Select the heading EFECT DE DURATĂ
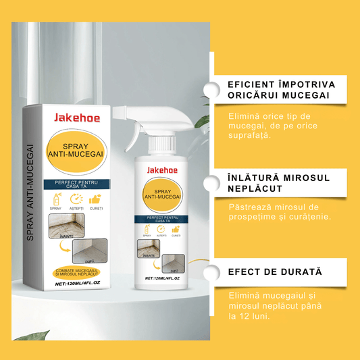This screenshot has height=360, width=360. [275, 272]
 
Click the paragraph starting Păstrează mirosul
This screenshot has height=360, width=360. [274, 211]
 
